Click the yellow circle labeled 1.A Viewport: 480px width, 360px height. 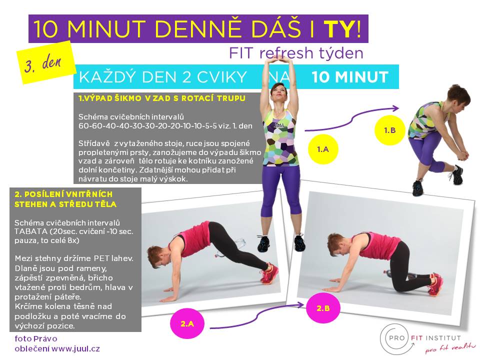[x=322, y=149]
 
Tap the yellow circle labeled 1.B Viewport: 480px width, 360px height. [x=389, y=130]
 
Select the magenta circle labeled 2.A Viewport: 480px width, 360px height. [x=187, y=323]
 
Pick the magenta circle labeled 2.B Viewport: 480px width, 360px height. [x=323, y=308]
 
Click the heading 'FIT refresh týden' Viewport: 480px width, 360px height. [x=296, y=53]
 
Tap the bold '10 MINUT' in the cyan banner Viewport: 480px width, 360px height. [x=350, y=77]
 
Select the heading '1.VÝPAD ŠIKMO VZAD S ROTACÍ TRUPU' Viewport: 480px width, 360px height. [x=162, y=98]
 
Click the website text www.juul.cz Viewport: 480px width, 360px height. [x=75, y=348]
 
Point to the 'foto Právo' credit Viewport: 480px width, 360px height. [x=36, y=338]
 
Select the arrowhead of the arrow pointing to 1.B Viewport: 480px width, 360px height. [x=396, y=108]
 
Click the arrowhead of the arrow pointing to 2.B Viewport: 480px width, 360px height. [x=301, y=304]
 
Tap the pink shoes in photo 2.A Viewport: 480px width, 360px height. [x=269, y=272]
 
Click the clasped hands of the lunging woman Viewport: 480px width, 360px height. [x=462, y=154]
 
